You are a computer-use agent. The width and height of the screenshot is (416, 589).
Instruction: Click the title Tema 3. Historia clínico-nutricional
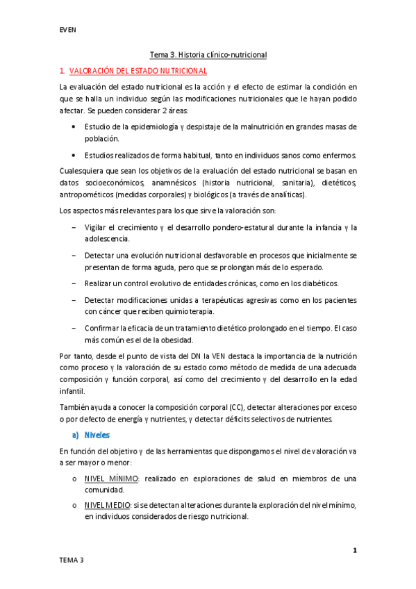[208, 54]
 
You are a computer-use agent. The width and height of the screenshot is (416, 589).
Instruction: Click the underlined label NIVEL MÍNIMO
[111, 479]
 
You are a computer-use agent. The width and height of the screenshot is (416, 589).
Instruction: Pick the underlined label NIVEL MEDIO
[108, 505]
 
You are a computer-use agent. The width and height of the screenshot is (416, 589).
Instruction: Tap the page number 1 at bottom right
[354, 551]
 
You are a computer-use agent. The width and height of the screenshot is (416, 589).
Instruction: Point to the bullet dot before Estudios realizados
[74, 154]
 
